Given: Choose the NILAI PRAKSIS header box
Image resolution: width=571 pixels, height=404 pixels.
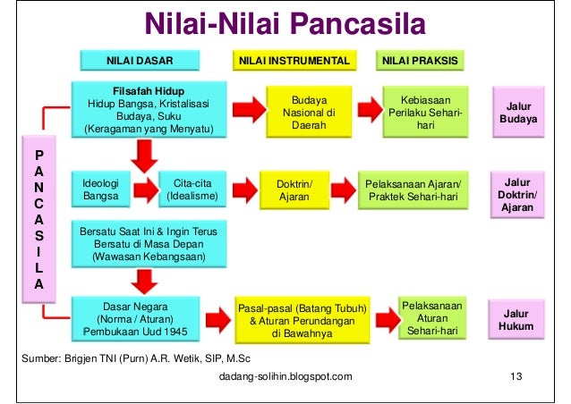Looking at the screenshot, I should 420,61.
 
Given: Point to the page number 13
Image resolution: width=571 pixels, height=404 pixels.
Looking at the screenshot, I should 514,376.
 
